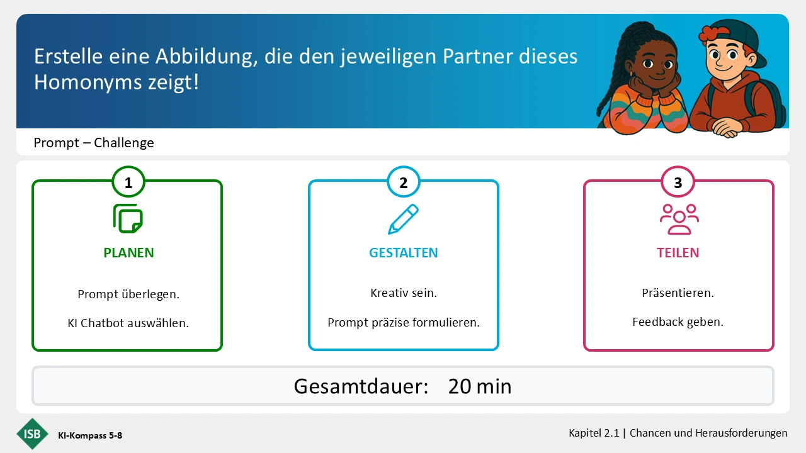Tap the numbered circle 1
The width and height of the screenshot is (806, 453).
(x=128, y=182)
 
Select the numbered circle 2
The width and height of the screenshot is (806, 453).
(x=404, y=182)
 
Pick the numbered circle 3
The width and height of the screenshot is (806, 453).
(x=678, y=182)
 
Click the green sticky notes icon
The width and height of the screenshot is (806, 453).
(x=128, y=218)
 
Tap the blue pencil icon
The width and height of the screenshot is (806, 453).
(x=403, y=219)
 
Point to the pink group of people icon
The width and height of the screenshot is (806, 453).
(x=679, y=219)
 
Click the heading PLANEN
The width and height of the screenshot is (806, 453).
(x=128, y=253)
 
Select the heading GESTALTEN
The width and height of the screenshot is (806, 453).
(x=404, y=253)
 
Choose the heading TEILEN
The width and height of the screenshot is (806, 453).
(x=678, y=253)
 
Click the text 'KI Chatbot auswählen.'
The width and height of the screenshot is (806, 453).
(x=128, y=323)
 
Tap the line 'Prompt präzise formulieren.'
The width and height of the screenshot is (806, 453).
(x=404, y=323)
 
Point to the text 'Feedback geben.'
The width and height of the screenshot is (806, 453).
(x=678, y=322)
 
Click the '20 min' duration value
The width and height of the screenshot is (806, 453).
(x=480, y=386)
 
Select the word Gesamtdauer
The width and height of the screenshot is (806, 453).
(x=361, y=386)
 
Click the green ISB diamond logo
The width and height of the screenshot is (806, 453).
(x=32, y=434)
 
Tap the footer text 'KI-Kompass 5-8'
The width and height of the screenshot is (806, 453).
(x=90, y=435)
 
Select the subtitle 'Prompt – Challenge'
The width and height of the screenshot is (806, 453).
(x=94, y=143)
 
